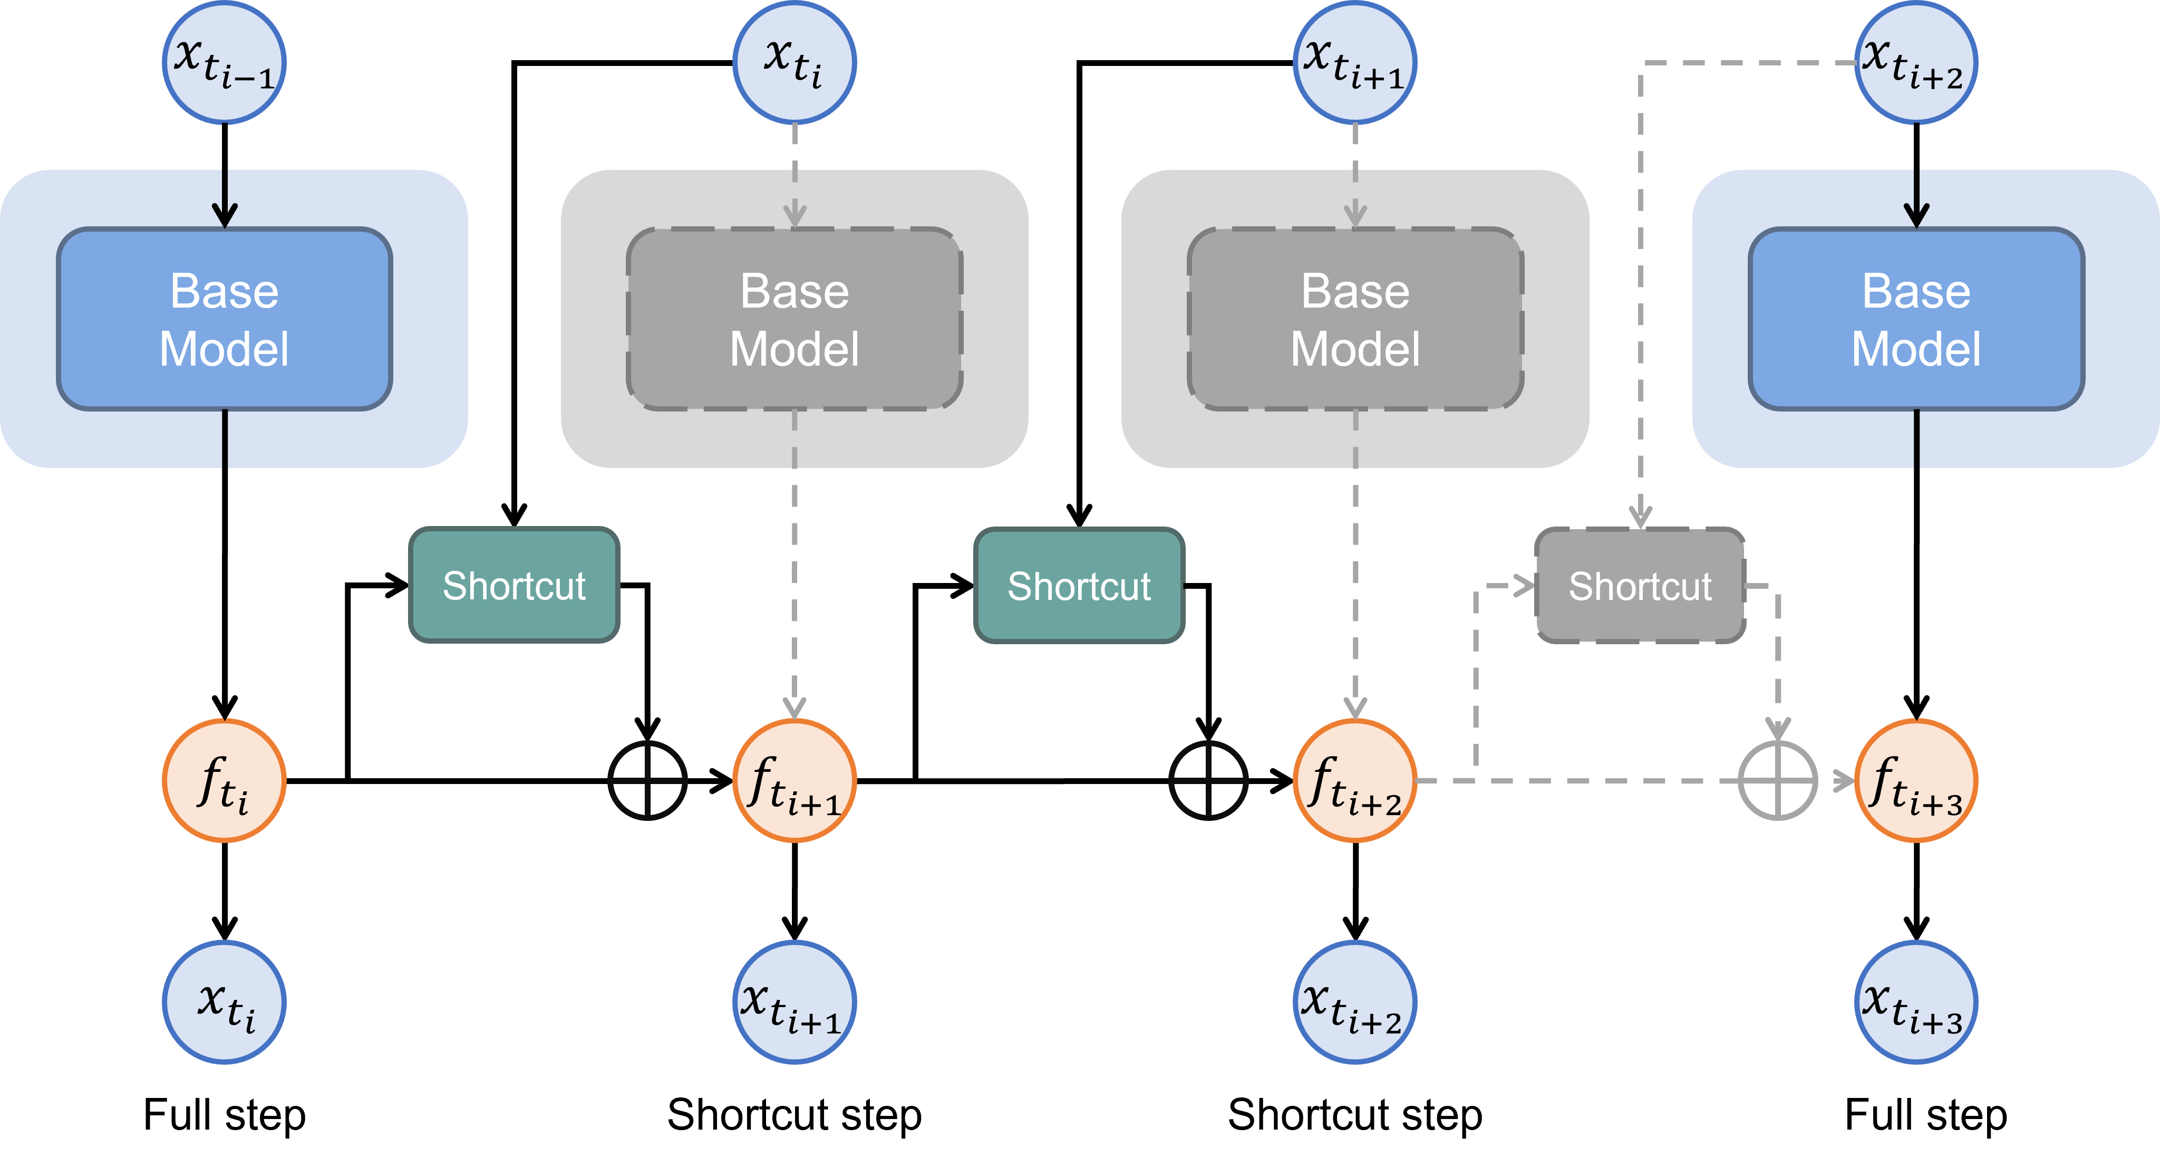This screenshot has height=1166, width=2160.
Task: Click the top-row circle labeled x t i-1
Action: [x=224, y=63]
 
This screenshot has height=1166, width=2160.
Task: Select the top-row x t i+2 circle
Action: [x=1916, y=63]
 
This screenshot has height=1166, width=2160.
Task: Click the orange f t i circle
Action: [x=224, y=780]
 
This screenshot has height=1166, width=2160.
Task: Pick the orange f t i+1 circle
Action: [x=794, y=780]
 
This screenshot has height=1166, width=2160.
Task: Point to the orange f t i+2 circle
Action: [x=1355, y=780]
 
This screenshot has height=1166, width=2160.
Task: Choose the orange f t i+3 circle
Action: [x=1916, y=780]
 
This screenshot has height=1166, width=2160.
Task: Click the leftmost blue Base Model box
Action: [x=224, y=319]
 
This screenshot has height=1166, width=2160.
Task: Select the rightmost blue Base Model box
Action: [x=1916, y=319]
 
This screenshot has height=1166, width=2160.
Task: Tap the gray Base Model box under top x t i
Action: [x=794, y=319]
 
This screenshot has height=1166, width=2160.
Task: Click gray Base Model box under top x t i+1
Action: [x=1355, y=319]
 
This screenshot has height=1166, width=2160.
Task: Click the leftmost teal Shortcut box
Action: [x=514, y=586]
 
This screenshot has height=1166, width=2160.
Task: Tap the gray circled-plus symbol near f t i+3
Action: [x=1778, y=780]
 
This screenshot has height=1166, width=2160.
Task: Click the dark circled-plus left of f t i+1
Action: [x=647, y=780]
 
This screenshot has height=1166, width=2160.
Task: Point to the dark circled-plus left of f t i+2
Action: [x=1208, y=780]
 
